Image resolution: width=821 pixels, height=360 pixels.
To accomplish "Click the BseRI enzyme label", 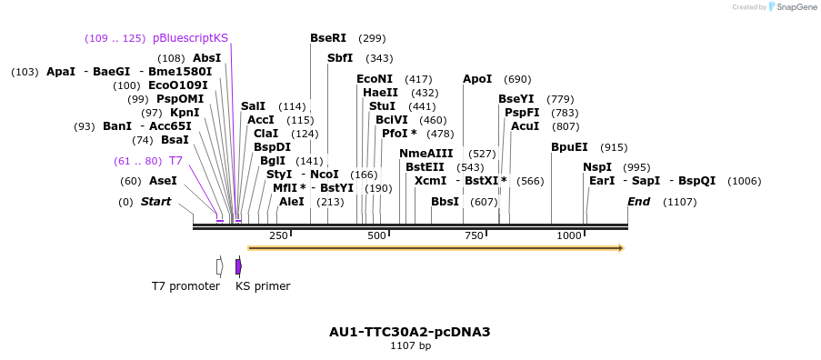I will [x=328, y=38].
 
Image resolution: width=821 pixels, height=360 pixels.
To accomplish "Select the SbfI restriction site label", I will [x=340, y=58].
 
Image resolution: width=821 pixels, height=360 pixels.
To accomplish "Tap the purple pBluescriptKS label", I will [x=190, y=38].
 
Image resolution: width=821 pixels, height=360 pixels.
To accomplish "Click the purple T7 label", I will [x=175, y=161].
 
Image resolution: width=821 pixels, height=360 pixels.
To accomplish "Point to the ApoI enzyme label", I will [x=477, y=79].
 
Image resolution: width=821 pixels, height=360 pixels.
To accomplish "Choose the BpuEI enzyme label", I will [x=569, y=147].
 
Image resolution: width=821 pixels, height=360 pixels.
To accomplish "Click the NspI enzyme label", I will [x=597, y=167].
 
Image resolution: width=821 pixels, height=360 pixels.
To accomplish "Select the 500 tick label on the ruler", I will [x=376, y=235].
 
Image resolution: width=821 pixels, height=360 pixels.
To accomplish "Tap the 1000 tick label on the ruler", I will [x=569, y=235].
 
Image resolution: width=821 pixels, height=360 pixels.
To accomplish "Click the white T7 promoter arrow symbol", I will [x=219, y=266].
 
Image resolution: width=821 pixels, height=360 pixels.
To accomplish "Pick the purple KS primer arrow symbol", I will [x=238, y=266].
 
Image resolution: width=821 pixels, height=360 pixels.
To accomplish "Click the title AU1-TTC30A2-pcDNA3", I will [x=410, y=332].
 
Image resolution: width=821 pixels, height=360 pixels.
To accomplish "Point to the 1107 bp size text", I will [x=410, y=346].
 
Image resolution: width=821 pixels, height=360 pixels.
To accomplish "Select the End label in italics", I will [x=638, y=202].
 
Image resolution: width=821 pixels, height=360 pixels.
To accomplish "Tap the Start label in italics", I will [x=155, y=202].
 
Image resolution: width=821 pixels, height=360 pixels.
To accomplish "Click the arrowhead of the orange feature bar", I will [x=621, y=247].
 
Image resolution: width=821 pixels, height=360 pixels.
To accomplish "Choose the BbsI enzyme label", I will [x=445, y=202].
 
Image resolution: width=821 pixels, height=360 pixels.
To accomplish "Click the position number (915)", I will [x=614, y=147].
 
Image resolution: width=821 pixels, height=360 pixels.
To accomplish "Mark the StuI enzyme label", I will [x=382, y=106].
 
